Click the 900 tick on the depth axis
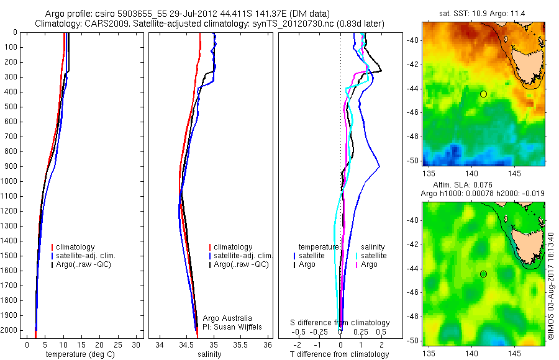(11, 166)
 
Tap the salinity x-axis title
(208, 354)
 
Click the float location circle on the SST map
(483, 94)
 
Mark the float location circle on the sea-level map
(483, 274)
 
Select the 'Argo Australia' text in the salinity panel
(227, 318)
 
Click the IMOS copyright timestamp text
(550, 286)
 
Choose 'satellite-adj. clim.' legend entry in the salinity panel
(243, 256)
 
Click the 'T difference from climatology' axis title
(340, 354)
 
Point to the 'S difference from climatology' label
(340, 323)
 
